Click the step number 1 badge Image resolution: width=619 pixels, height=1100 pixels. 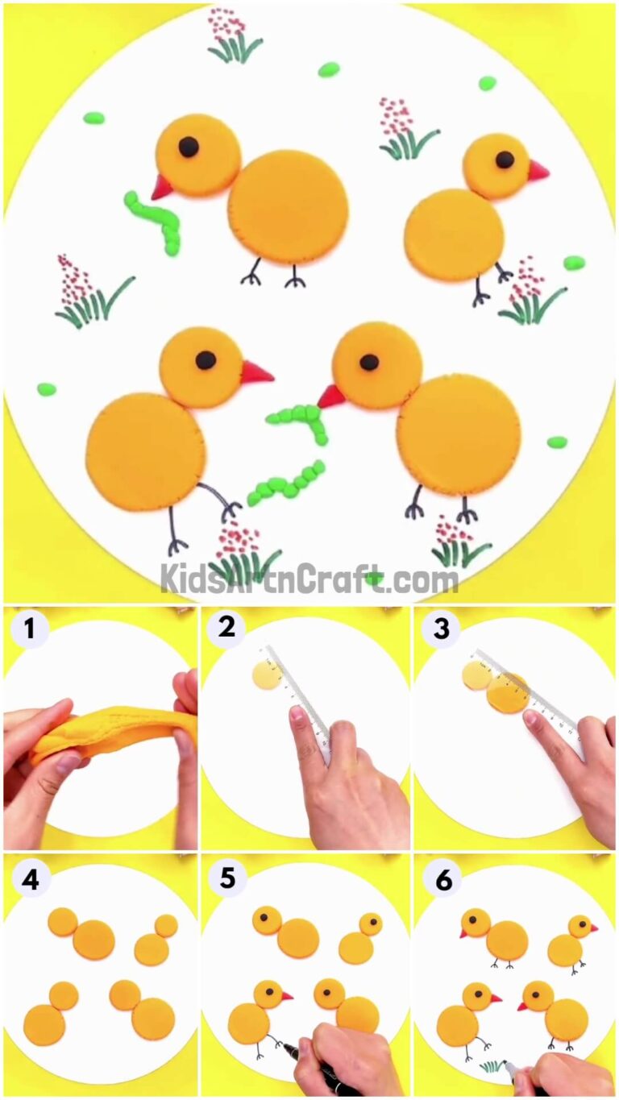[x=29, y=629]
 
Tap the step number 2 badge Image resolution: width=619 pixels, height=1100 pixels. [x=226, y=627]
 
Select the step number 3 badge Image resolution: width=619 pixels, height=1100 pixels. [x=441, y=629]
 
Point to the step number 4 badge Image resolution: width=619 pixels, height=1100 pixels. [x=29, y=880]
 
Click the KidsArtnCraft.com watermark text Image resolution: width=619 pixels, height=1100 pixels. [x=309, y=579]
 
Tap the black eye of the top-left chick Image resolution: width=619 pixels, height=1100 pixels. [x=188, y=146]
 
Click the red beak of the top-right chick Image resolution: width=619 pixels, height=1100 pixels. [x=538, y=171]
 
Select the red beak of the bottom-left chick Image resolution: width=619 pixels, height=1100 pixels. [x=256, y=373]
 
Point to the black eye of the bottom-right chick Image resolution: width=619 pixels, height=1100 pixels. [x=369, y=363]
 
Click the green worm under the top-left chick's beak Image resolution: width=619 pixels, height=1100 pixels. [x=155, y=218]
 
